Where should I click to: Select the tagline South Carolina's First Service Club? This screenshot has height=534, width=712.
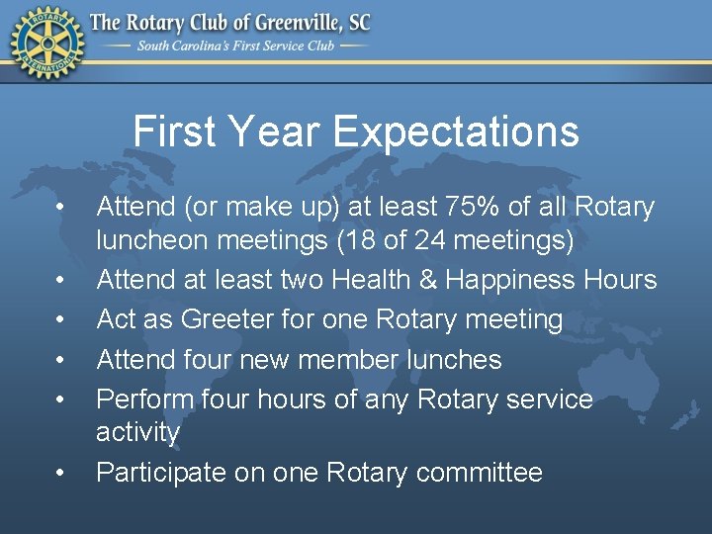pos(237,45)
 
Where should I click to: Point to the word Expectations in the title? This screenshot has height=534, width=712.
pos(457,132)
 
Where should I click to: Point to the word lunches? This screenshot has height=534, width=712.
pos(455,360)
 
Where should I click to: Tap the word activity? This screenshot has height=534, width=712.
pos(137,432)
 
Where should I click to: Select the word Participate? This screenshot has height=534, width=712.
pos(160,473)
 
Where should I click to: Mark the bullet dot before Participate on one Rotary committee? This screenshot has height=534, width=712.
pos(61,475)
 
